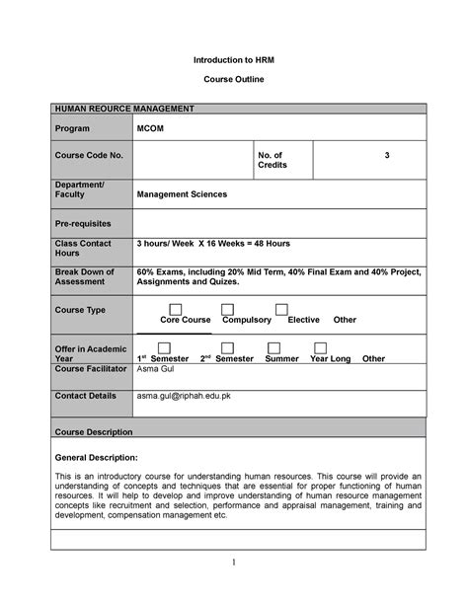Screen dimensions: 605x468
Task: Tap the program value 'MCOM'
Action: coord(154,128)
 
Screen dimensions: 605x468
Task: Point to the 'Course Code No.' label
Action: coord(88,156)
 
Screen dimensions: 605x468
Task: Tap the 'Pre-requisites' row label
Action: coord(83,223)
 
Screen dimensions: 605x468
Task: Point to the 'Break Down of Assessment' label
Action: coord(86,276)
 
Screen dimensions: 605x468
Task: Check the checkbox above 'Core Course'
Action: coord(176,310)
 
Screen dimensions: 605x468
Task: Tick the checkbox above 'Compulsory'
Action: coord(228,310)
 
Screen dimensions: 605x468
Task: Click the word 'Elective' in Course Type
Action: coord(303,321)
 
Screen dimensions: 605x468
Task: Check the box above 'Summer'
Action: coord(273,348)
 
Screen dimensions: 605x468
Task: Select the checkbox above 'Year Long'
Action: coord(321,348)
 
